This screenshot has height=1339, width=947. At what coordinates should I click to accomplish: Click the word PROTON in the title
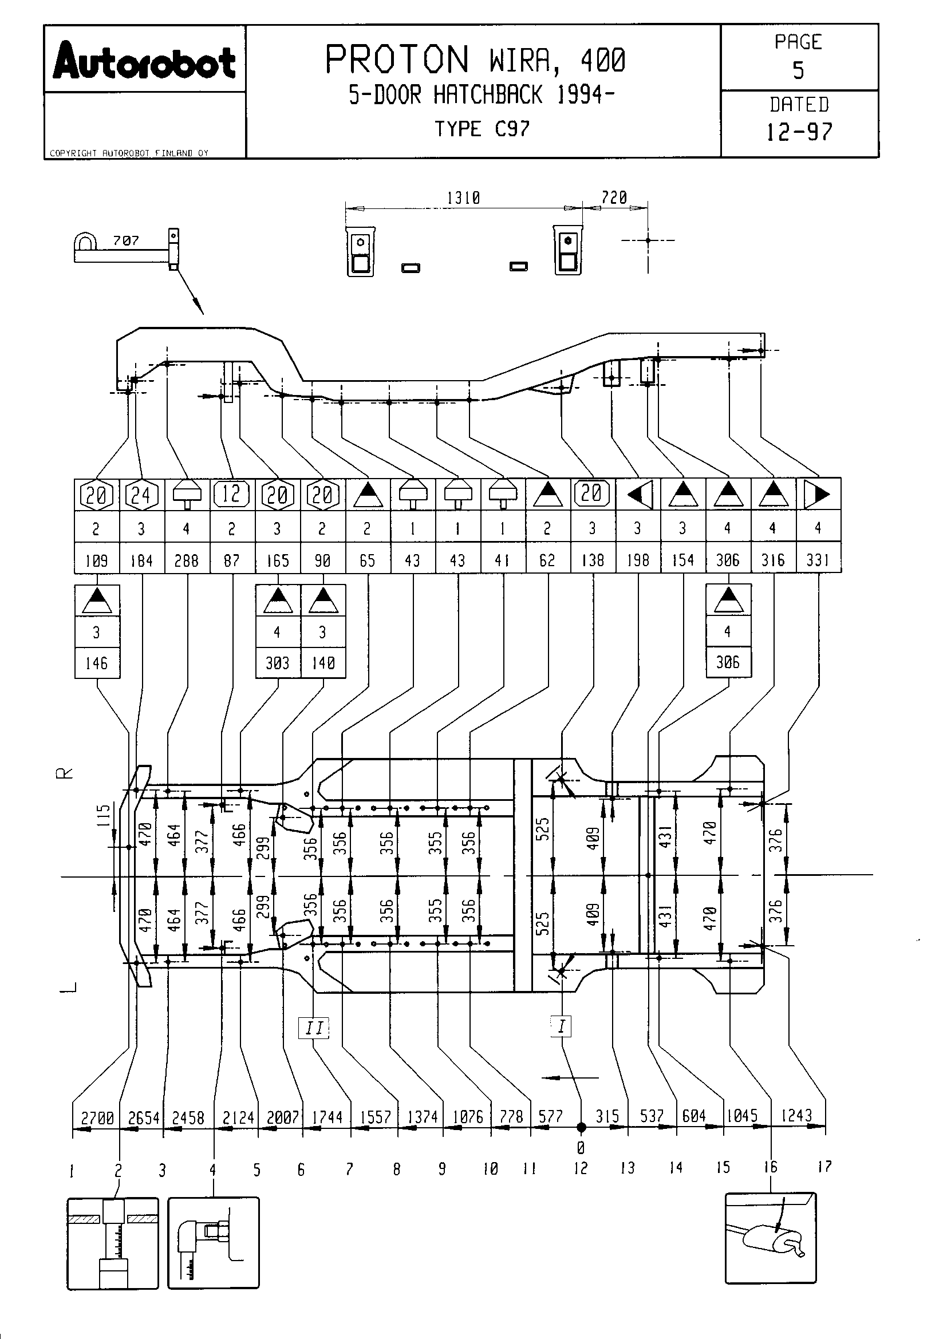(x=397, y=60)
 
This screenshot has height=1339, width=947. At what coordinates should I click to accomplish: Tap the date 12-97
(x=799, y=132)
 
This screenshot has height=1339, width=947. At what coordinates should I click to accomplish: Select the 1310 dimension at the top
(x=463, y=198)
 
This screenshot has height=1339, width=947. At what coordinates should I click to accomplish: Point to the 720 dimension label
(x=614, y=198)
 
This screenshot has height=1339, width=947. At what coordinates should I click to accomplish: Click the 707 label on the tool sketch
(x=126, y=240)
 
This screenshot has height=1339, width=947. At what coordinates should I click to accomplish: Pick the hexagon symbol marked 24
(x=141, y=495)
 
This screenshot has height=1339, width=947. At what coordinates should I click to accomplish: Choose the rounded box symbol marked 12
(x=231, y=495)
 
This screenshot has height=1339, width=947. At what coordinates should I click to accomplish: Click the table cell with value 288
(x=187, y=560)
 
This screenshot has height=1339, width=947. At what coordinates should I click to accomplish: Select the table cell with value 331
(x=818, y=560)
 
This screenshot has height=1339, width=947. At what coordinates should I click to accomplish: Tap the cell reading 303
(x=278, y=663)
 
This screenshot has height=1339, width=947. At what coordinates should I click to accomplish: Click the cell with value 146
(x=96, y=663)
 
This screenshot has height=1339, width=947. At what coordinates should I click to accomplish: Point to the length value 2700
(x=97, y=1118)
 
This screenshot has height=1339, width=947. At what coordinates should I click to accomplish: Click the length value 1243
(x=796, y=1116)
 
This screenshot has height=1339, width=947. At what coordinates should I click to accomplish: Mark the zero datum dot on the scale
(x=581, y=1127)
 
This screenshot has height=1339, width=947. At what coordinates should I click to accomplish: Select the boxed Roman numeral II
(x=314, y=1027)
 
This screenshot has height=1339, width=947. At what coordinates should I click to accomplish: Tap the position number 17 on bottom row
(x=824, y=1166)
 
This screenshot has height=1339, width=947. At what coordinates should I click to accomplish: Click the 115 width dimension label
(x=103, y=815)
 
